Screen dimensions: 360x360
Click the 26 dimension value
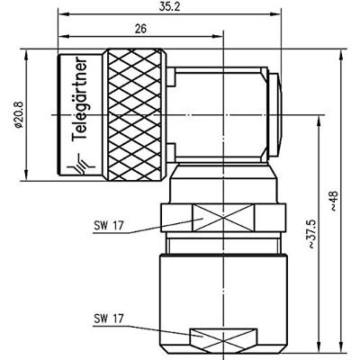[142, 28]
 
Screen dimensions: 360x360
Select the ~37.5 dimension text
[311, 234]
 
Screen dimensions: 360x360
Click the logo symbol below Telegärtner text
[85, 165]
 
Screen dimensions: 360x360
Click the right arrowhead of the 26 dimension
[219, 37]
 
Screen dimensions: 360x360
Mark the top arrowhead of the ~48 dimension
[340, 54]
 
